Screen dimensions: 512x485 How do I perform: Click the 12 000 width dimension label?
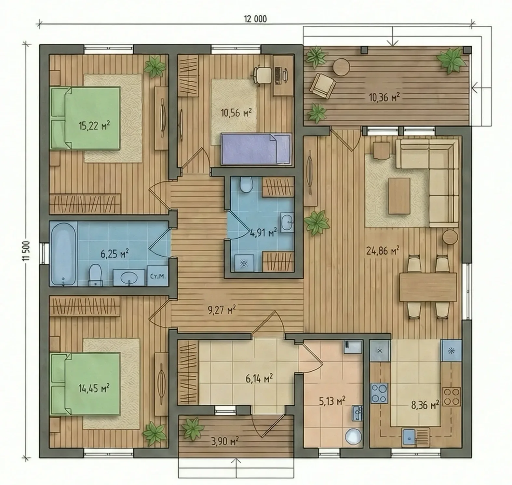(255, 19)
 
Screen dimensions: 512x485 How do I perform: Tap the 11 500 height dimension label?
(27, 251)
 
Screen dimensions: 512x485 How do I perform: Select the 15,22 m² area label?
(94, 125)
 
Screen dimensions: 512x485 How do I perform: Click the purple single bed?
(256, 149)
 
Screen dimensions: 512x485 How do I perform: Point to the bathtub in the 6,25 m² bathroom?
(63, 253)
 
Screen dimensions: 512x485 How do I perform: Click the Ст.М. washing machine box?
(158, 276)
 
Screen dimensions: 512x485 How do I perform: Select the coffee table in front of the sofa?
(399, 196)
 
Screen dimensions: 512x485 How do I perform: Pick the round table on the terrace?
(341, 67)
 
